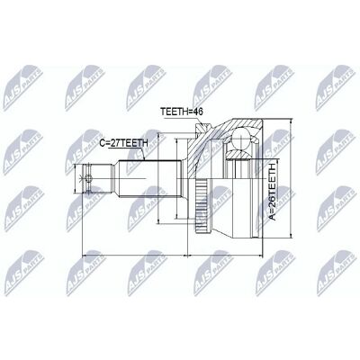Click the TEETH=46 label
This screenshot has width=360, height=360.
coord(182,112)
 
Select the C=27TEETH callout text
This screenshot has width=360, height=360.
coord(123,143)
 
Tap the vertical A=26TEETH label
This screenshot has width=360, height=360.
coord(272,193)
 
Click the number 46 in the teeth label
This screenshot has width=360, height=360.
coord(197,112)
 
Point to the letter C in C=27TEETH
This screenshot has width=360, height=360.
coord(103,143)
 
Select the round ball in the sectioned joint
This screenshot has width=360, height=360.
coord(242,137)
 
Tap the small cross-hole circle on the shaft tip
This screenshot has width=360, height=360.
coord(87,178)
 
